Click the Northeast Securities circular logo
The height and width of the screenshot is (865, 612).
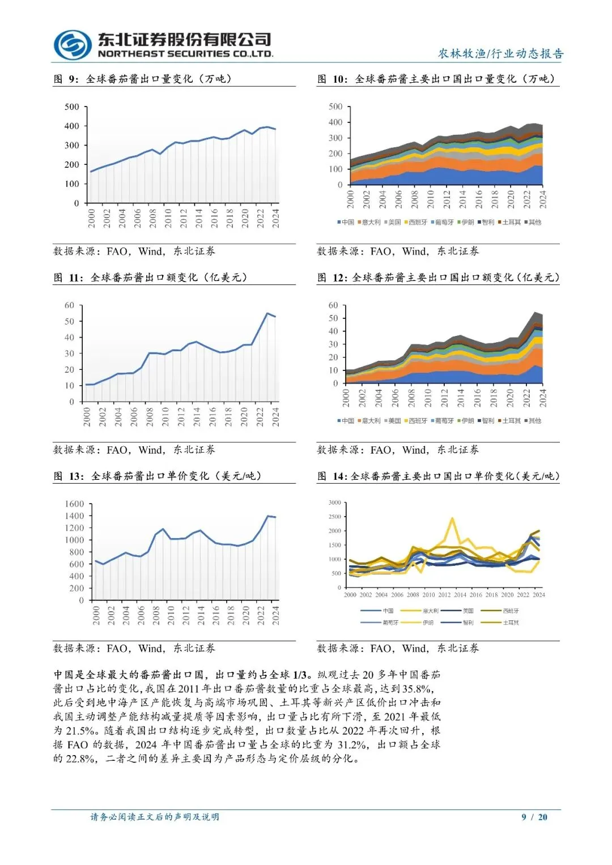pyautogui.click(x=73, y=45)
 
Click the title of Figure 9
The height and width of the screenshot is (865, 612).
pyautogui.click(x=143, y=79)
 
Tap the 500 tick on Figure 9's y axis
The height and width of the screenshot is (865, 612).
pyautogui.click(x=72, y=106)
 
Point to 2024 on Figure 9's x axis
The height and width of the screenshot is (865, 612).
pyautogui.click(x=276, y=219)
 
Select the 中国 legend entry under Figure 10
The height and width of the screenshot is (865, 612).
pyautogui.click(x=346, y=222)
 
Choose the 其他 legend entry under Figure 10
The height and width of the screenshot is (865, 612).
pyautogui.click(x=533, y=222)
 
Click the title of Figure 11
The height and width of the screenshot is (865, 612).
pyautogui.click(x=150, y=278)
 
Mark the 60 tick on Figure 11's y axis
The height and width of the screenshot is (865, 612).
pyautogui.click(x=69, y=305)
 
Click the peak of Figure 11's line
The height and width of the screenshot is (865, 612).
pyautogui.click(x=267, y=313)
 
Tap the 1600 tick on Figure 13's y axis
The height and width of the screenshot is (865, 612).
pyautogui.click(x=74, y=504)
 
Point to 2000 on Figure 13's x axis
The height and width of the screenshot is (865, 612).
pyautogui.click(x=96, y=615)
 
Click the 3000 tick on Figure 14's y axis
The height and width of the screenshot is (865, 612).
pyautogui.click(x=335, y=502)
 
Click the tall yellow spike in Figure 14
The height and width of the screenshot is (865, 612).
pyautogui.click(x=452, y=518)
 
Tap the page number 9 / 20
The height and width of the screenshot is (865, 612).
pyautogui.click(x=534, y=817)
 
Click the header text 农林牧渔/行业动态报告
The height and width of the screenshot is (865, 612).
pyautogui.click(x=501, y=54)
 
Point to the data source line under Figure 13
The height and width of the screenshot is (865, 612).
pyautogui.click(x=134, y=648)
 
